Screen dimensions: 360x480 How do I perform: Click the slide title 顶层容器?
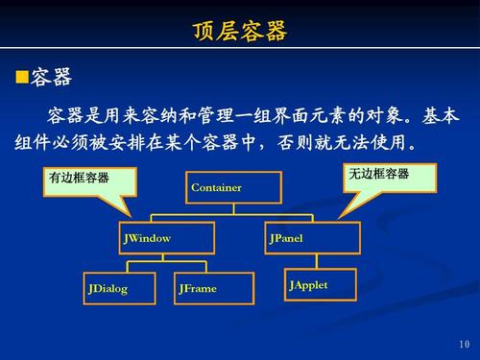240,32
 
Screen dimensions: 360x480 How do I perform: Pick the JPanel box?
312,238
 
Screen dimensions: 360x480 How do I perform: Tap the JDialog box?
118,288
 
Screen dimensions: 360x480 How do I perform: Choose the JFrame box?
213,288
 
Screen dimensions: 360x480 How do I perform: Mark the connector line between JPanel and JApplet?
308,261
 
